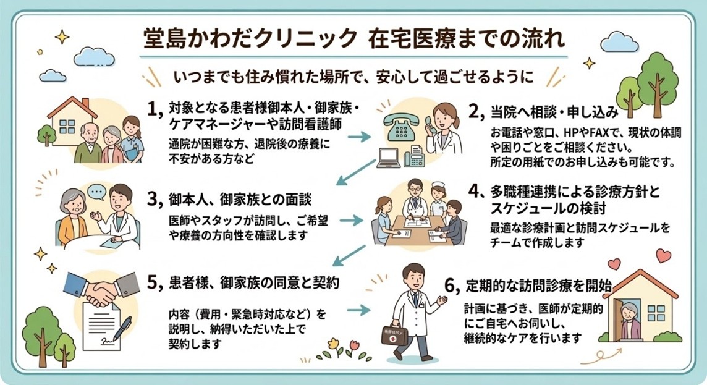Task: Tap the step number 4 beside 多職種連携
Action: tap(474, 191)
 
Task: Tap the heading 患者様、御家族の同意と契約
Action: tap(253, 282)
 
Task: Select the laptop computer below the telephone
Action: tap(389, 159)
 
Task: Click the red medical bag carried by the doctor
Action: tap(396, 336)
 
